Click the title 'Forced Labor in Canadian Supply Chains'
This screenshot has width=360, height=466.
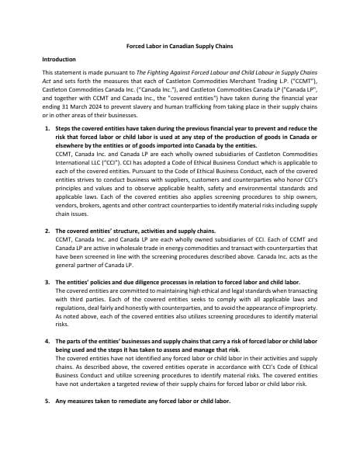pyautogui.click(x=179, y=46)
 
